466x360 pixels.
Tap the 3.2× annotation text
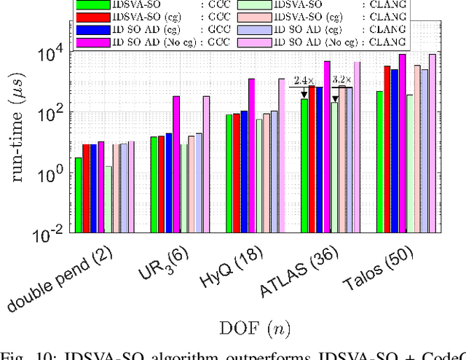tap(341, 80)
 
